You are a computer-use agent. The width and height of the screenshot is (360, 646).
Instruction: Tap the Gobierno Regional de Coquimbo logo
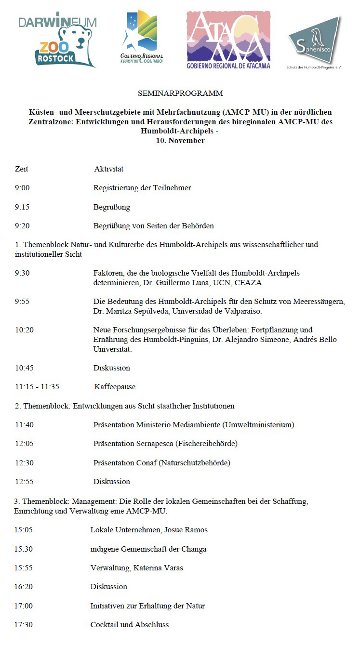[x=142, y=38]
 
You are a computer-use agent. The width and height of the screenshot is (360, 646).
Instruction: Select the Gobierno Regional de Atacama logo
[x=228, y=40]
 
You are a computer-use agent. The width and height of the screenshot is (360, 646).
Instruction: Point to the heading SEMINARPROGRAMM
[x=180, y=93]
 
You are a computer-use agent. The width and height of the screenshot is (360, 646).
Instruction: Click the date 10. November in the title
[x=180, y=141]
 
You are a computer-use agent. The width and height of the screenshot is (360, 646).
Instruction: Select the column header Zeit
[x=22, y=169]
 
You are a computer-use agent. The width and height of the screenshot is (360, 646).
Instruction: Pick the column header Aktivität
[x=109, y=169]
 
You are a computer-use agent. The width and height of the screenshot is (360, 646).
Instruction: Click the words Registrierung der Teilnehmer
[x=142, y=188]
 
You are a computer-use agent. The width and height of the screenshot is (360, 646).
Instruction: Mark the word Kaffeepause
[x=115, y=387]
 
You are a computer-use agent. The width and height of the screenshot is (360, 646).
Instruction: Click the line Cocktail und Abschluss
[x=130, y=625]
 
